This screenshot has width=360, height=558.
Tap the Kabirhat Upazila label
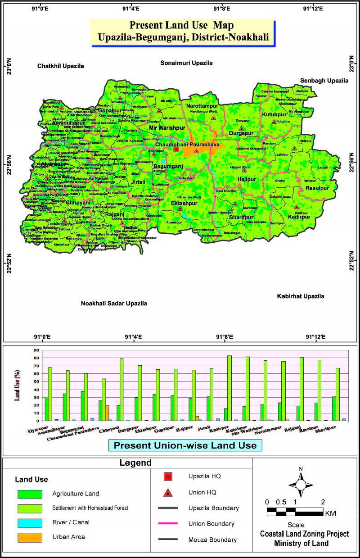[300, 296]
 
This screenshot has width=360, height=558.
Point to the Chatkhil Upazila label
[61, 66]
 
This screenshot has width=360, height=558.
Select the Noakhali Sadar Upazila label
[114, 304]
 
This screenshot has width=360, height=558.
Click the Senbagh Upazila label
[324, 81]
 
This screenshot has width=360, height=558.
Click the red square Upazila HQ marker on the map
[176, 149]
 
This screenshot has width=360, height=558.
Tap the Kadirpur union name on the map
[297, 217]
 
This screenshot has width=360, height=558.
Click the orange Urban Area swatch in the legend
[31, 537]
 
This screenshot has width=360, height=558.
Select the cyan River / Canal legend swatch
[31, 523]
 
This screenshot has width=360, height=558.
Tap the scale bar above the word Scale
[295, 511]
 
